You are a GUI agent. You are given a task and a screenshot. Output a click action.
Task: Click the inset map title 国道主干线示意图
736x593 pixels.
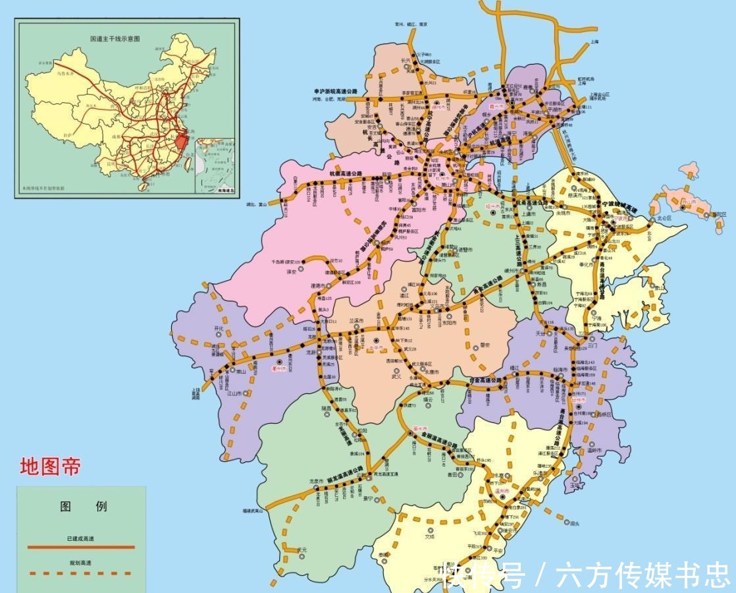click(115, 39)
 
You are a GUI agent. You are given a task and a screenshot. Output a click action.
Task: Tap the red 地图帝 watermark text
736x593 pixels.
click(50, 467)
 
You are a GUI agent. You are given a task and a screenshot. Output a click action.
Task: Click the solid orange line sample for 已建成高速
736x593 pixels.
click(81, 547)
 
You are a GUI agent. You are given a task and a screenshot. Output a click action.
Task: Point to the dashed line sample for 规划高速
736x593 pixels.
click(81, 573)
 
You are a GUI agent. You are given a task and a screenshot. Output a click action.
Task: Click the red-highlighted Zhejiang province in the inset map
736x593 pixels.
click(181, 140)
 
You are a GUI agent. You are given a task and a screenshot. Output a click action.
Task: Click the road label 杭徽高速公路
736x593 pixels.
click(346, 173)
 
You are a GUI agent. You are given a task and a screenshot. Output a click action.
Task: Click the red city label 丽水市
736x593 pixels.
click(420, 429)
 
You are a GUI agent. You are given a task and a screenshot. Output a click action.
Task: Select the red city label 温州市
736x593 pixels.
click(502, 490)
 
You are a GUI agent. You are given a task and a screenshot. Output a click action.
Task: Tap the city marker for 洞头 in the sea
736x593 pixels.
click(567, 522)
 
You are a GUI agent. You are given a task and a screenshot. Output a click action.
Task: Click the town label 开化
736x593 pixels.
click(219, 327)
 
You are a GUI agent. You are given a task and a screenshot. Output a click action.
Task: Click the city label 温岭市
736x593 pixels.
click(594, 451)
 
